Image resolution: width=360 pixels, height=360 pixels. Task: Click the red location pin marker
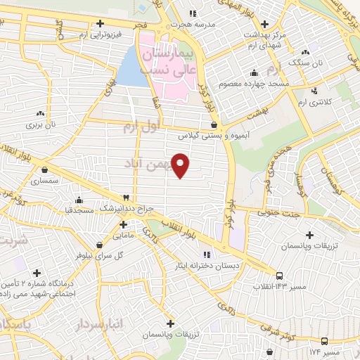pyautogui.click(x=181, y=165)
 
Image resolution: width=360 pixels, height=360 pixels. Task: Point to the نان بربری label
pyautogui.click(x=41, y=124)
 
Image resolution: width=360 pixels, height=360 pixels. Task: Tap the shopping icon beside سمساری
pyautogui.click(x=46, y=169)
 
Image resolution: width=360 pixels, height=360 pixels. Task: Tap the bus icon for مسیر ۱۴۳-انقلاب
pyautogui.click(x=279, y=276)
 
